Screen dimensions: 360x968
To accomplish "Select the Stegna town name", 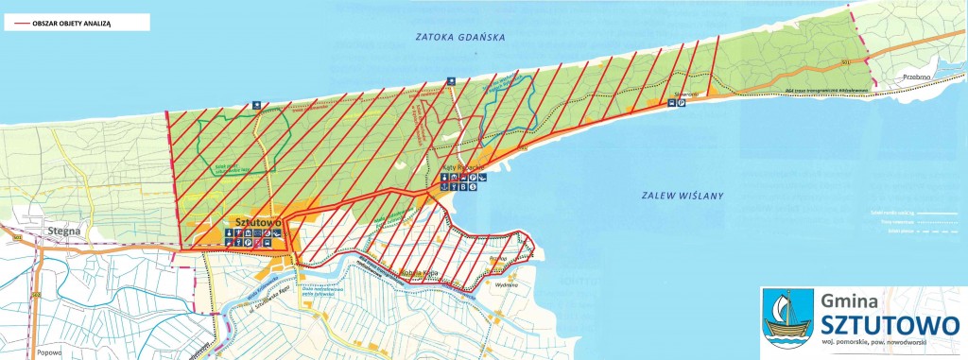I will click(x=61, y=229).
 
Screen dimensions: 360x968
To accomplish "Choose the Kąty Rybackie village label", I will click(x=463, y=165).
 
